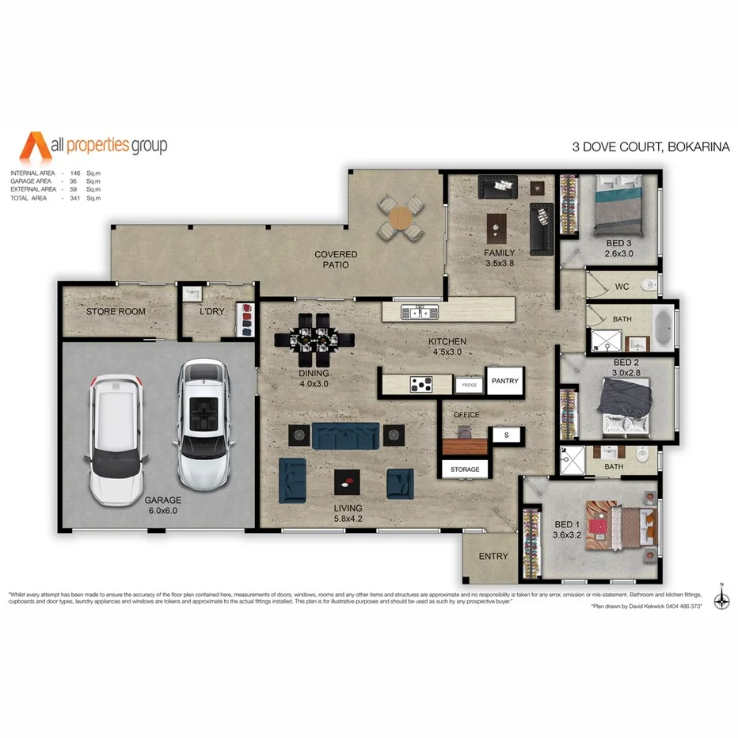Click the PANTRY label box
coord(504,381)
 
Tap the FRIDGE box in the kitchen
coord(469,384)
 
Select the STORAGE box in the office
coord(465,469)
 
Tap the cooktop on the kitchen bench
coord(419,384)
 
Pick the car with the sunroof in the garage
coord(203,424)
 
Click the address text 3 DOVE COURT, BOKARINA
coord(650,146)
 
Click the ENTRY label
coord(493,556)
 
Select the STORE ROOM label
coord(116,311)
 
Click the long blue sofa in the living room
coord(345,436)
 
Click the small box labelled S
coord(505,435)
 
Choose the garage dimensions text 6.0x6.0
coord(162,511)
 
